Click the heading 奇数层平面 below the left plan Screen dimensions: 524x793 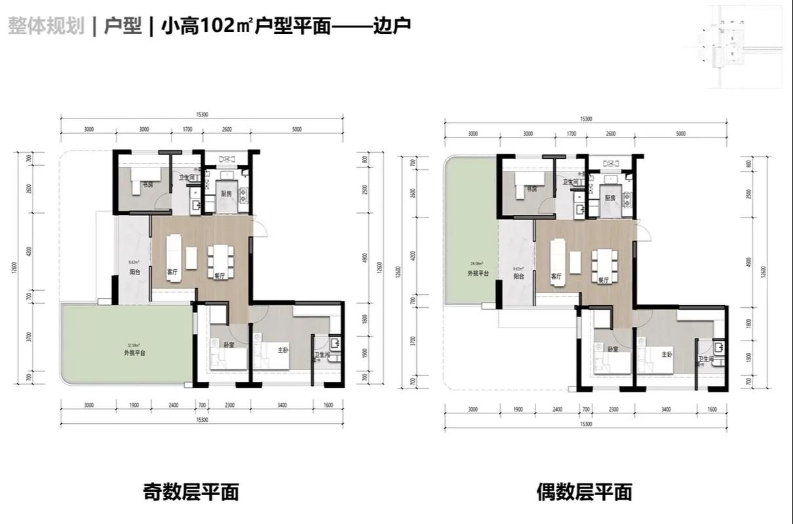(191, 491)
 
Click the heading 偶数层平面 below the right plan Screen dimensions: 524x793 (583, 491)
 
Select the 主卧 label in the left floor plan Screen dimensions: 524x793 (283, 350)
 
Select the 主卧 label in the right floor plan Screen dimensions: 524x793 (667, 354)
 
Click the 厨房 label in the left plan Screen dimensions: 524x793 (227, 194)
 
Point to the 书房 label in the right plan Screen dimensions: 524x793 (532, 189)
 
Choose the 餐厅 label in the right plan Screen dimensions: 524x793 (604, 280)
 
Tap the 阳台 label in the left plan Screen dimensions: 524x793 (134, 272)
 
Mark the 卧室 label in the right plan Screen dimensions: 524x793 (613, 350)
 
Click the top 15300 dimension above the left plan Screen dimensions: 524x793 (202, 115)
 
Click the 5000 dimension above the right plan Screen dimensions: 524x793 (680, 134)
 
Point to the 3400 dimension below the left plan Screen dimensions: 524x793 (282, 405)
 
